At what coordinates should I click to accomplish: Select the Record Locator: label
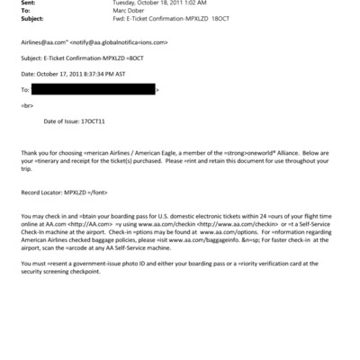click(41, 193)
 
